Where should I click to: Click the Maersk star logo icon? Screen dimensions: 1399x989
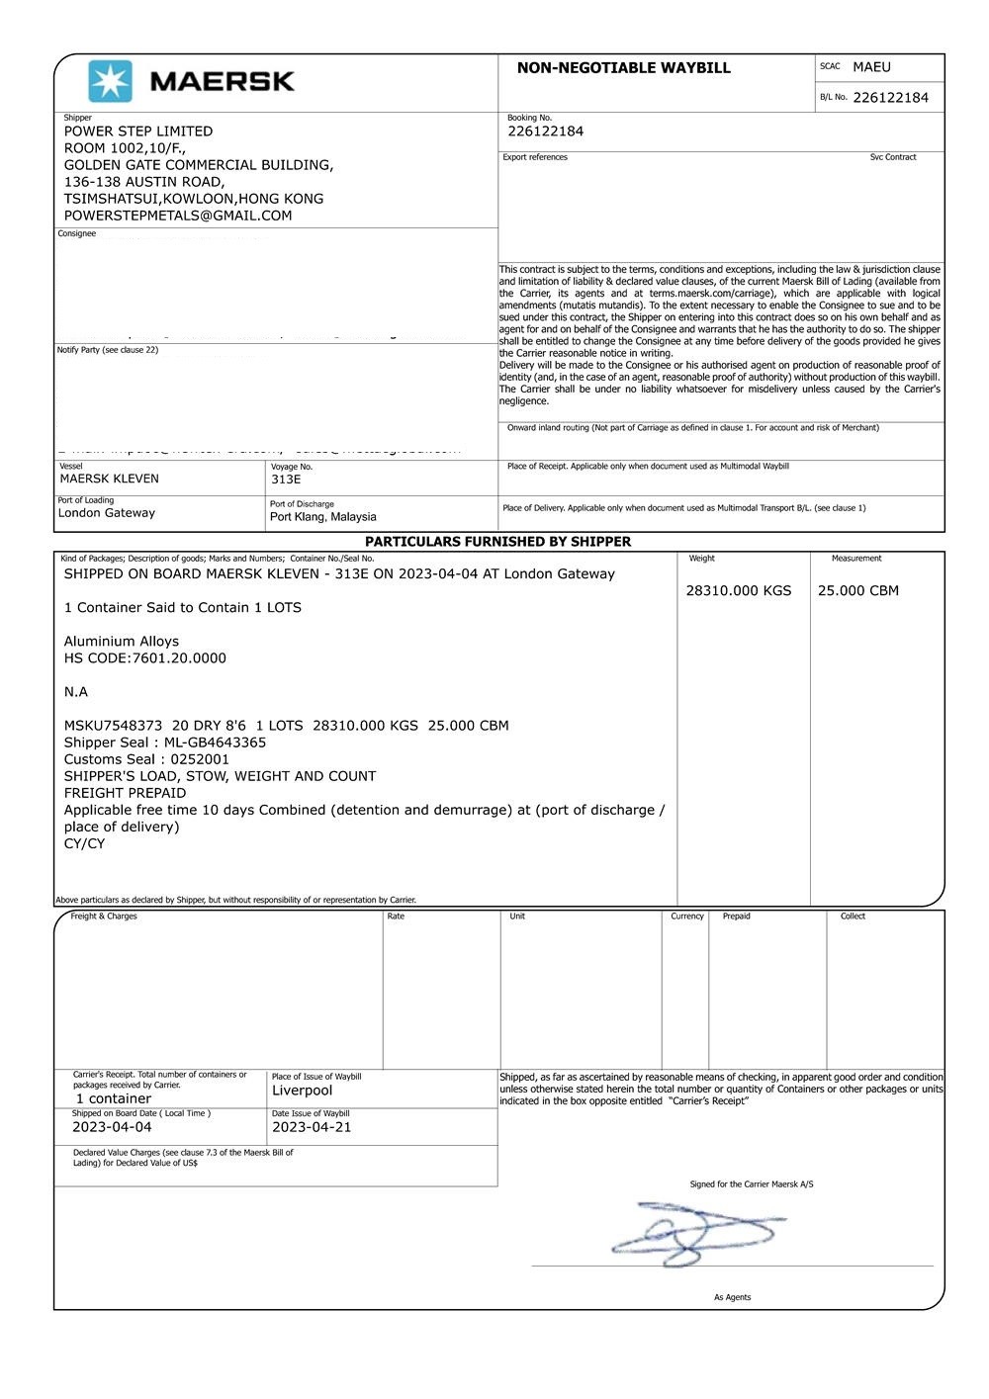[x=110, y=81]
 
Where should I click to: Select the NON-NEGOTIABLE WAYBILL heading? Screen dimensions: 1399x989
[x=623, y=68]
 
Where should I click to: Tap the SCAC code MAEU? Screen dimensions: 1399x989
[x=871, y=67]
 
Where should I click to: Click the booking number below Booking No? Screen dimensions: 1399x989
[x=545, y=131]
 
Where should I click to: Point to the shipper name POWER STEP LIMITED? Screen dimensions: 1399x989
[x=138, y=131]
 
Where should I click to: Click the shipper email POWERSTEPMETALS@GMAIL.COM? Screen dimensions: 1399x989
[x=178, y=216]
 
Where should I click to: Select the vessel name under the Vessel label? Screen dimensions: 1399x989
[x=109, y=479]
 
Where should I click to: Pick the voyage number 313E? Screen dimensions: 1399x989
[x=286, y=480]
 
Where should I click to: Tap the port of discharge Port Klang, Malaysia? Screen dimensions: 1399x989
[x=322, y=517]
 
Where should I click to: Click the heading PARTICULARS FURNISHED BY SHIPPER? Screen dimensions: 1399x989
[x=497, y=542]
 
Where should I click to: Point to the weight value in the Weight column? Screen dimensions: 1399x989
[x=738, y=591]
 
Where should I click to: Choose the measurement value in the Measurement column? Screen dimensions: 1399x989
[x=857, y=591]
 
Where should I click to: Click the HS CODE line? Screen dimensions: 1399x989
[x=144, y=658]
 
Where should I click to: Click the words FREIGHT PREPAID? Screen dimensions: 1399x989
[x=125, y=793]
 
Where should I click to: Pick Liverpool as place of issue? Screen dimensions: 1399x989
[x=302, y=1091]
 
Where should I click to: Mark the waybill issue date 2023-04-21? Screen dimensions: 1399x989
[x=312, y=1127]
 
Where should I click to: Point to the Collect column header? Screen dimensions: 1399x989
[x=853, y=917]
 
